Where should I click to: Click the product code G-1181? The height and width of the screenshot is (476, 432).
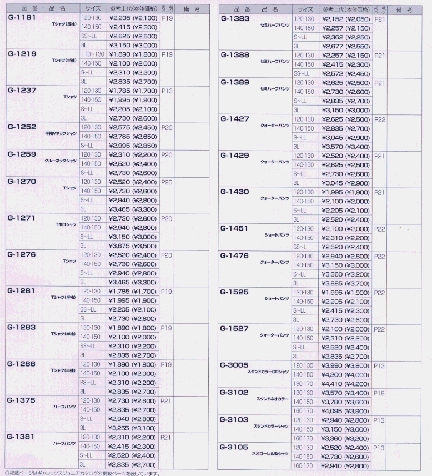pyautogui.click(x=23, y=18)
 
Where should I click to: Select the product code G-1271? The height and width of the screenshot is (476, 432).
pyautogui.click(x=23, y=218)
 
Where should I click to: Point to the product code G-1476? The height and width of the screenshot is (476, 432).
pyautogui.click(x=234, y=255)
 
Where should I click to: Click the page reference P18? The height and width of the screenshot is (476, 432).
pyautogui.click(x=380, y=393)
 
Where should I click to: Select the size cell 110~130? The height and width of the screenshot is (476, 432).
pyautogui.click(x=91, y=54)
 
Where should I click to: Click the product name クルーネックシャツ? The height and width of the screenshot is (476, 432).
pyautogui.click(x=61, y=161)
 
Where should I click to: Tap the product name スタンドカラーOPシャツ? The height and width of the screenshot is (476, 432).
pyautogui.click(x=268, y=370)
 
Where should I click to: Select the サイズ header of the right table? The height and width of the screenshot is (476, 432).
pyautogui.click(x=305, y=9)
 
